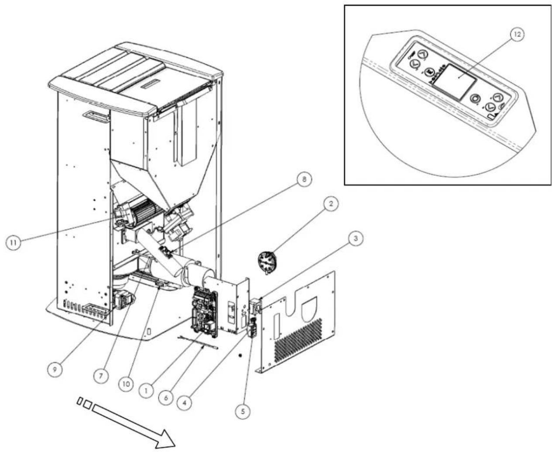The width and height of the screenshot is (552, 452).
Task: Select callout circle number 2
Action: coord(331,204)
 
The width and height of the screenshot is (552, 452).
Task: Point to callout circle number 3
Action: coord(356,239)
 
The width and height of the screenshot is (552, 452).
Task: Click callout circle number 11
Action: coord(14,243)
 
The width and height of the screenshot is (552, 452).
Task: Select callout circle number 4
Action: coord(185,402)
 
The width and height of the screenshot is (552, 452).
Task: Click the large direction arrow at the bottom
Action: coord(131,424)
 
